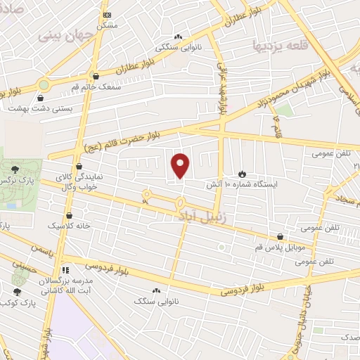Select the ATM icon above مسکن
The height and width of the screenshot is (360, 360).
click(107, 15)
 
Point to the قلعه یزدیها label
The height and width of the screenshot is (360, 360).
click(281, 44)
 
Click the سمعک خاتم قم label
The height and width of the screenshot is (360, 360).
click(89, 86)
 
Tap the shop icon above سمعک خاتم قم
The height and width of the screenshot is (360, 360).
click(96, 75)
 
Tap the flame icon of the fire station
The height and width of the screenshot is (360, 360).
click(243, 173)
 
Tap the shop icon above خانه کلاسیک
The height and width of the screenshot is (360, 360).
click(69, 216)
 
